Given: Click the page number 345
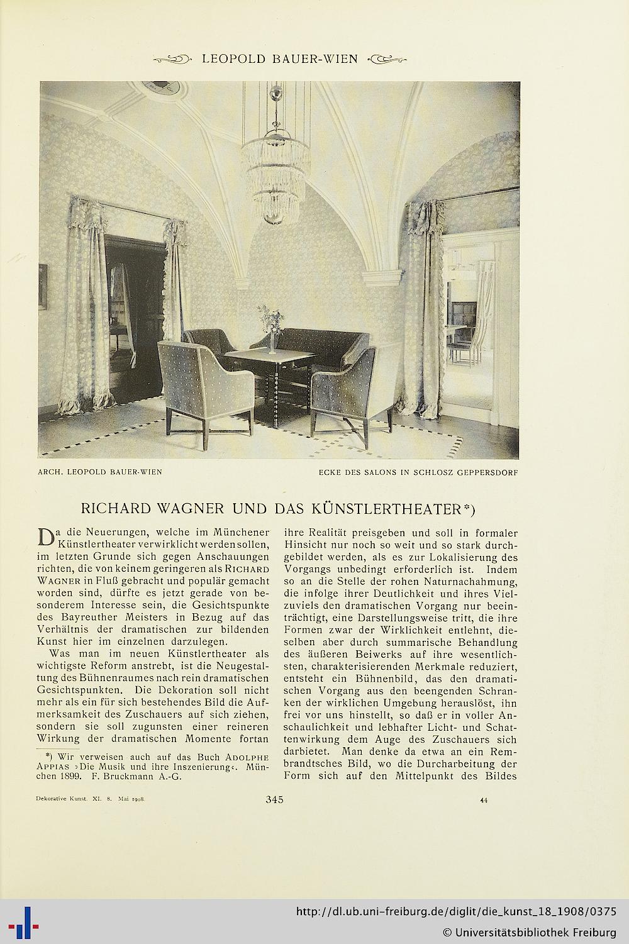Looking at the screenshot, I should (275, 800).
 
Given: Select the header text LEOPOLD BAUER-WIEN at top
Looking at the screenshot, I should (279, 59).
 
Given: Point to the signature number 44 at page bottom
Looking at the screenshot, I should (484, 801).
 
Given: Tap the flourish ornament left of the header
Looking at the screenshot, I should (173, 60).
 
